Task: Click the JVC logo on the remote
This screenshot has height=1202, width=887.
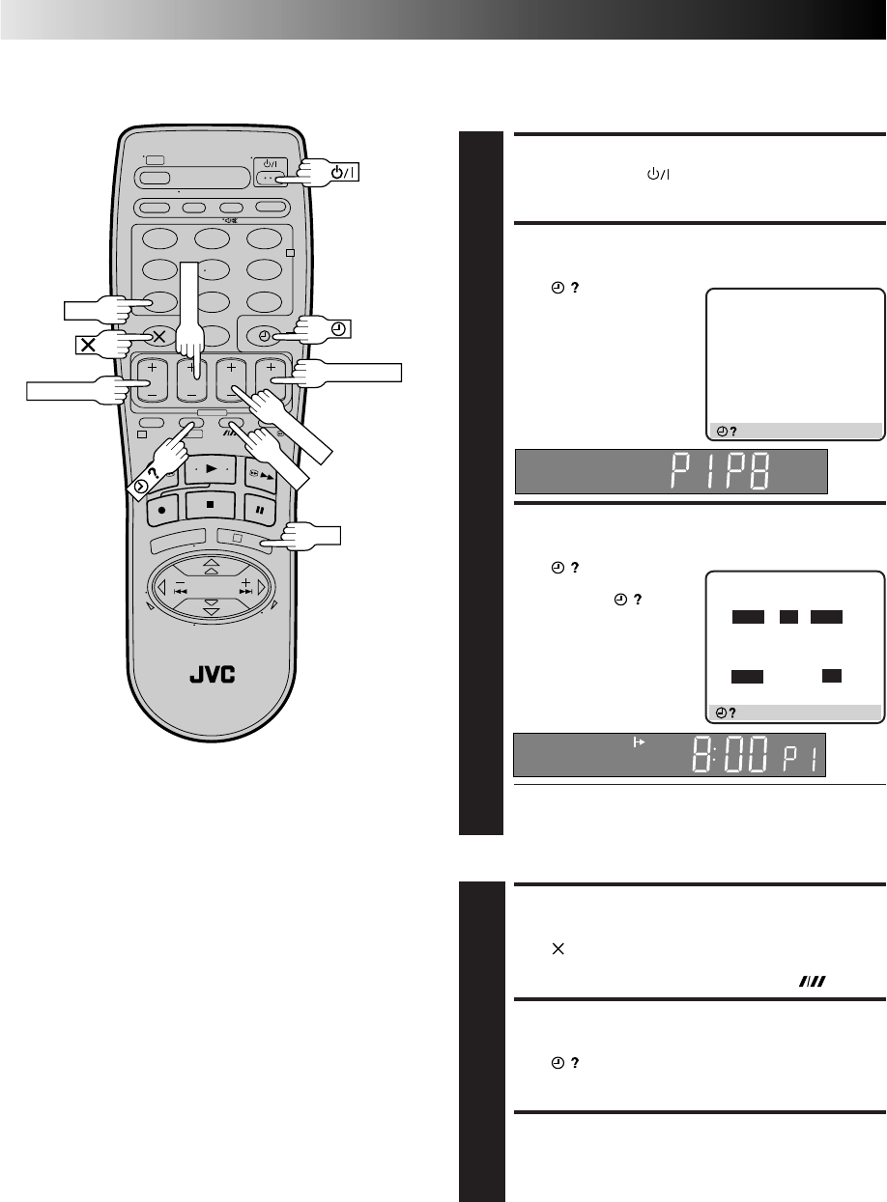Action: tap(212, 675)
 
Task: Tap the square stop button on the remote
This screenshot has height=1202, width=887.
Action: tap(210, 505)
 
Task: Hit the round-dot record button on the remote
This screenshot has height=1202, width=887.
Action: tap(161, 511)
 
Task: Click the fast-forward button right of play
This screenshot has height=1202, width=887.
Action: tap(261, 475)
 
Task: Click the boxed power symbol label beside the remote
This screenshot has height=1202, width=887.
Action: tap(343, 172)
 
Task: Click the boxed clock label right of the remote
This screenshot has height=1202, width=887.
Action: tap(338, 329)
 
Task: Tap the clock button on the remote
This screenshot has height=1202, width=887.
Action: tap(265, 336)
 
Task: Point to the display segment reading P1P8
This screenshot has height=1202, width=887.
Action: tap(721, 470)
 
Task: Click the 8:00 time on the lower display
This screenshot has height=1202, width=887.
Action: tap(730, 754)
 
